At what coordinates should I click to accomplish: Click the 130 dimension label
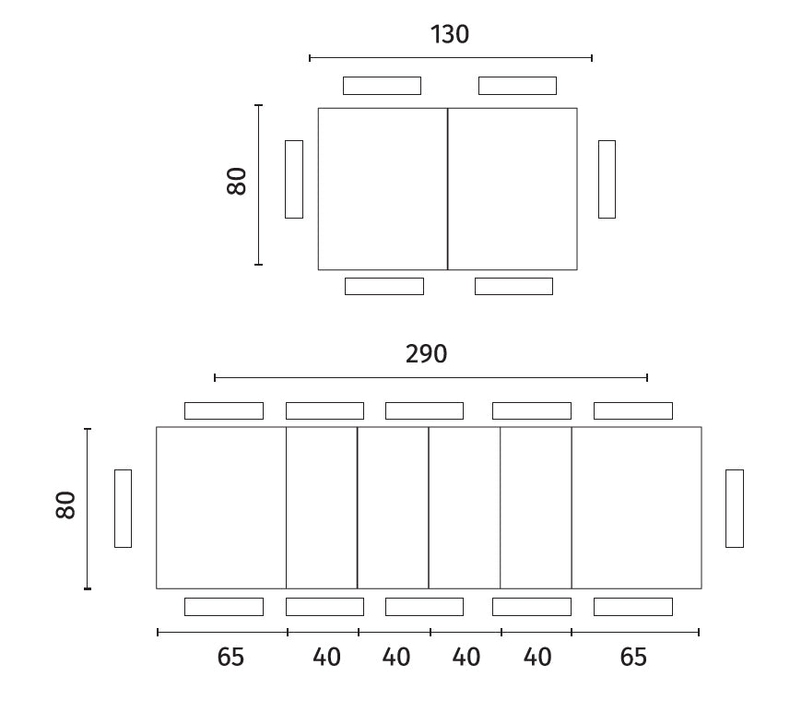click(450, 35)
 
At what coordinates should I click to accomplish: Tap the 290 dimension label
click(426, 354)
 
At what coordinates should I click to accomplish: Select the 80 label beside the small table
click(236, 181)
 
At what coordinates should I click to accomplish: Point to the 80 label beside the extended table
click(65, 505)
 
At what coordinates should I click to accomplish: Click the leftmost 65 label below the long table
click(230, 657)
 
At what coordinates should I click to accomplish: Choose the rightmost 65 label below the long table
click(633, 657)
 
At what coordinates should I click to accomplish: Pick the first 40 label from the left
click(326, 657)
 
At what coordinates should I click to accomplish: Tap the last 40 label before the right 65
click(537, 657)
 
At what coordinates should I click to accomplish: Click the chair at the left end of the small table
click(294, 180)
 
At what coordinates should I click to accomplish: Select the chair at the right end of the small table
click(607, 180)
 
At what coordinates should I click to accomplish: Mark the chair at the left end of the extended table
click(123, 509)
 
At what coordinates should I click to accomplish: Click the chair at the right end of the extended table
click(735, 509)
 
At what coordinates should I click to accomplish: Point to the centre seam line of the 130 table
click(447, 189)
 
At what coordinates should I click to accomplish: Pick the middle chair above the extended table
click(424, 411)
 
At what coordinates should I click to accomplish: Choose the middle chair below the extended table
click(424, 607)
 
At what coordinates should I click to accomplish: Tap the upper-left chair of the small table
click(382, 86)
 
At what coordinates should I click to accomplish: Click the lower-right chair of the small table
click(513, 287)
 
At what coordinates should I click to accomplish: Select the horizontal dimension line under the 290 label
click(430, 377)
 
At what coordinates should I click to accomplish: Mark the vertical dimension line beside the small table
click(258, 184)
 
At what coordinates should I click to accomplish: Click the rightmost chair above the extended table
click(633, 411)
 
